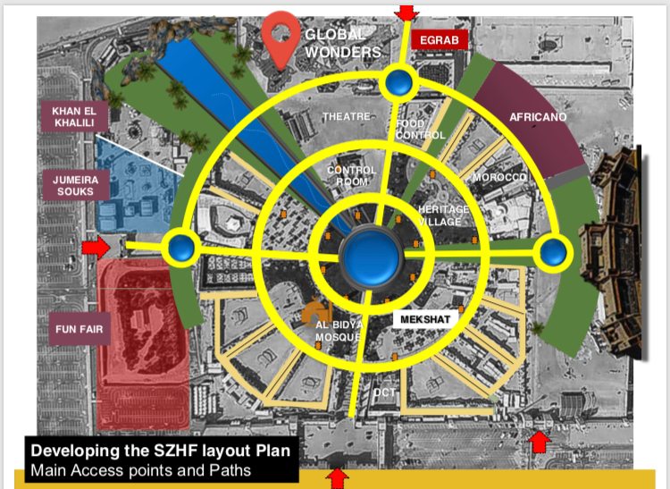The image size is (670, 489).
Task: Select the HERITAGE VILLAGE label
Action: pyautogui.click(x=443, y=215)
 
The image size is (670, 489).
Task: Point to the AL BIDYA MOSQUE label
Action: pyautogui.click(x=338, y=329)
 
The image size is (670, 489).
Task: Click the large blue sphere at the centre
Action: pyautogui.click(x=368, y=255)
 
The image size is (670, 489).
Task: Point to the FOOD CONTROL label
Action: pyautogui.click(x=420, y=130)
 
